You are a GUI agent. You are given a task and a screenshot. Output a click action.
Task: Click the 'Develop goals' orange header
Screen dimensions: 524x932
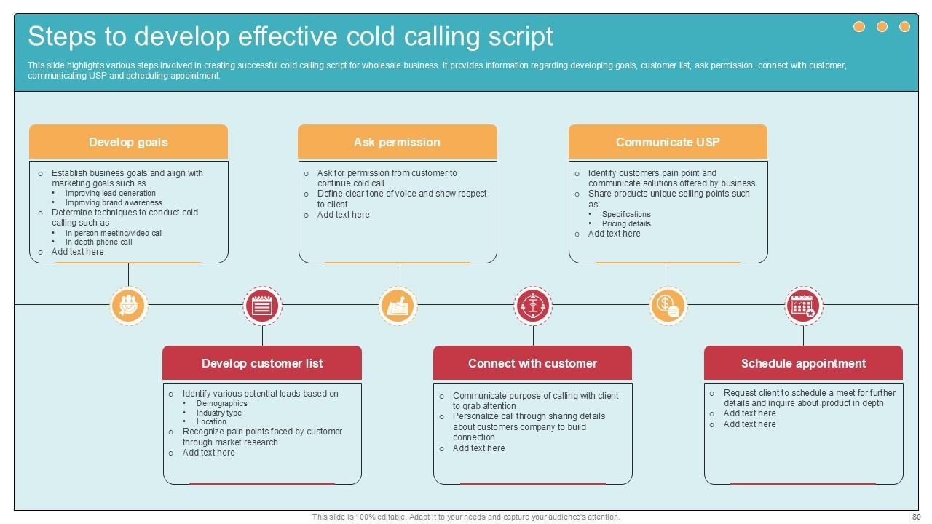128,142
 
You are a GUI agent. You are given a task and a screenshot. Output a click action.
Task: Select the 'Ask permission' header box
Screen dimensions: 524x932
397,142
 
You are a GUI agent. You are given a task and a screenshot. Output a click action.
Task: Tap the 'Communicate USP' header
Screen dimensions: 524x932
668,142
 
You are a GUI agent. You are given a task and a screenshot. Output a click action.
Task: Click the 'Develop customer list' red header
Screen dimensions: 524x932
262,363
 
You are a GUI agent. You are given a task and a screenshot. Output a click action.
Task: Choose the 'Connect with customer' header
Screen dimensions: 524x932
532,363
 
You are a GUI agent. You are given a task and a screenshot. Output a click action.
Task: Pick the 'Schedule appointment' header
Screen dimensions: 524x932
803,363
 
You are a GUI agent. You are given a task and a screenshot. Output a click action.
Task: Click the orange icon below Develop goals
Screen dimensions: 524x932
129,305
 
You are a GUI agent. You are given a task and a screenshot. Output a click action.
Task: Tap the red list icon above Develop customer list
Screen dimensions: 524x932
262,306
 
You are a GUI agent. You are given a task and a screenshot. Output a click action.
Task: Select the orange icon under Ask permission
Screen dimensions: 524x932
398,306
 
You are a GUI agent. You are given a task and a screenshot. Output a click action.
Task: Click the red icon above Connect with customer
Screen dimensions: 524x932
533,306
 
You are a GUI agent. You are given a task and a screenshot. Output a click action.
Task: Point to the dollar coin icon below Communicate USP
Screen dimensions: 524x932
668,306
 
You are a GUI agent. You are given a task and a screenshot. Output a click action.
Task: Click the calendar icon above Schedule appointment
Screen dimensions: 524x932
803,306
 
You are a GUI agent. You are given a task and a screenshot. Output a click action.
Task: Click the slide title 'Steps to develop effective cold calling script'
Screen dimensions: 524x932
291,36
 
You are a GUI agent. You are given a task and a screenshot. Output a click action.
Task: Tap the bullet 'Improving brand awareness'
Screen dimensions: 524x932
114,203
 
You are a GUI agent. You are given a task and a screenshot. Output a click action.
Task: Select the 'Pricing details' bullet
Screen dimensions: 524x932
626,223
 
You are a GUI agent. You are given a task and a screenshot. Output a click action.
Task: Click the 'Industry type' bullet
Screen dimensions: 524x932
218,413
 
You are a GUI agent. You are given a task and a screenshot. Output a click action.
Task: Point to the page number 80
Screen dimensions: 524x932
916,517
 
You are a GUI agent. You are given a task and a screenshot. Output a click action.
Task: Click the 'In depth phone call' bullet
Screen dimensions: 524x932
98,242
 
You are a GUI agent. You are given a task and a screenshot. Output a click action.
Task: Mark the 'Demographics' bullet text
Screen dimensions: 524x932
221,403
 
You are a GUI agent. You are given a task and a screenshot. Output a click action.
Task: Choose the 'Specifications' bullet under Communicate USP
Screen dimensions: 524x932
626,214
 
